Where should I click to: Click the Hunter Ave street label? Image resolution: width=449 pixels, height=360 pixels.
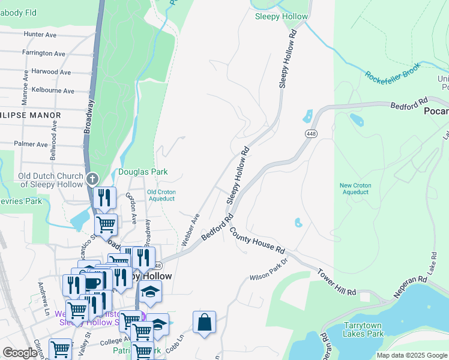40,35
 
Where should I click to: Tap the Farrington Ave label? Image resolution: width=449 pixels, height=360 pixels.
43,53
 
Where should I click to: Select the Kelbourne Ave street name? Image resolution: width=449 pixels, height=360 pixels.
53,91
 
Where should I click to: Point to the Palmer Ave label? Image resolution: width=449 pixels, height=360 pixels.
31,145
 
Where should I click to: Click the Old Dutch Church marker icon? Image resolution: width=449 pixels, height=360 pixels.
92,179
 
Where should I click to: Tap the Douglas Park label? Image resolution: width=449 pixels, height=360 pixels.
142,172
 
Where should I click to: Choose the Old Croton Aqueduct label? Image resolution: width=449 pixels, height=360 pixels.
161,195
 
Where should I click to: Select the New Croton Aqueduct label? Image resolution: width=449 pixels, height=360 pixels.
354,188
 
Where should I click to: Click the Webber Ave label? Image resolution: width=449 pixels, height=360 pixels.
190,230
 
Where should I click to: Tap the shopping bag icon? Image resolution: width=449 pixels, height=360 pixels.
204,322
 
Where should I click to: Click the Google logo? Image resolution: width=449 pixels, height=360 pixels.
20,353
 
